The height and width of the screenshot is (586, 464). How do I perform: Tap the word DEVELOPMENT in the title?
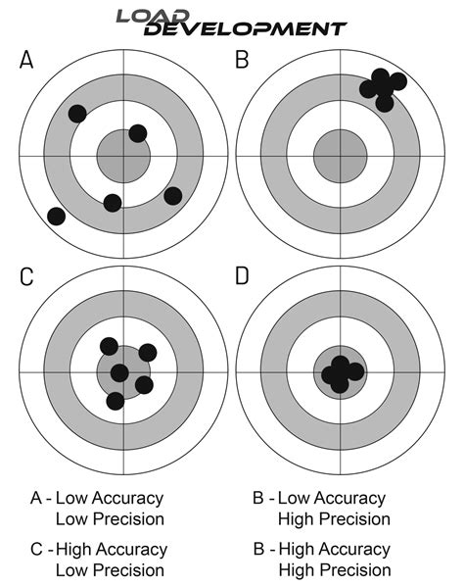(x=244, y=29)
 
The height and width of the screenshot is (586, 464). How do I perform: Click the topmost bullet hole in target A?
(x=77, y=113)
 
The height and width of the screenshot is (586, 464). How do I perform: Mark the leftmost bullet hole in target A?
(x=56, y=216)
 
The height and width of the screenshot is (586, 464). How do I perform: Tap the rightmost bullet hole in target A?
(x=173, y=195)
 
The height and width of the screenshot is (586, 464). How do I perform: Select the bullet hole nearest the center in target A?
(x=137, y=132)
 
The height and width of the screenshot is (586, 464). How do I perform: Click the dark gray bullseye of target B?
(x=339, y=156)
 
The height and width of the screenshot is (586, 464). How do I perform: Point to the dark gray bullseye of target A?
(x=123, y=156)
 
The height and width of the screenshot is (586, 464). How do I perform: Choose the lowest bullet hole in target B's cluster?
(x=385, y=102)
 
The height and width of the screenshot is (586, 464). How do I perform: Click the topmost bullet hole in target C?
(x=109, y=346)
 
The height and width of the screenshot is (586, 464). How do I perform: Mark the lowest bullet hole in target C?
(x=115, y=400)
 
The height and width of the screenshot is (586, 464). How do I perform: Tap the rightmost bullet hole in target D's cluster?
(x=355, y=371)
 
